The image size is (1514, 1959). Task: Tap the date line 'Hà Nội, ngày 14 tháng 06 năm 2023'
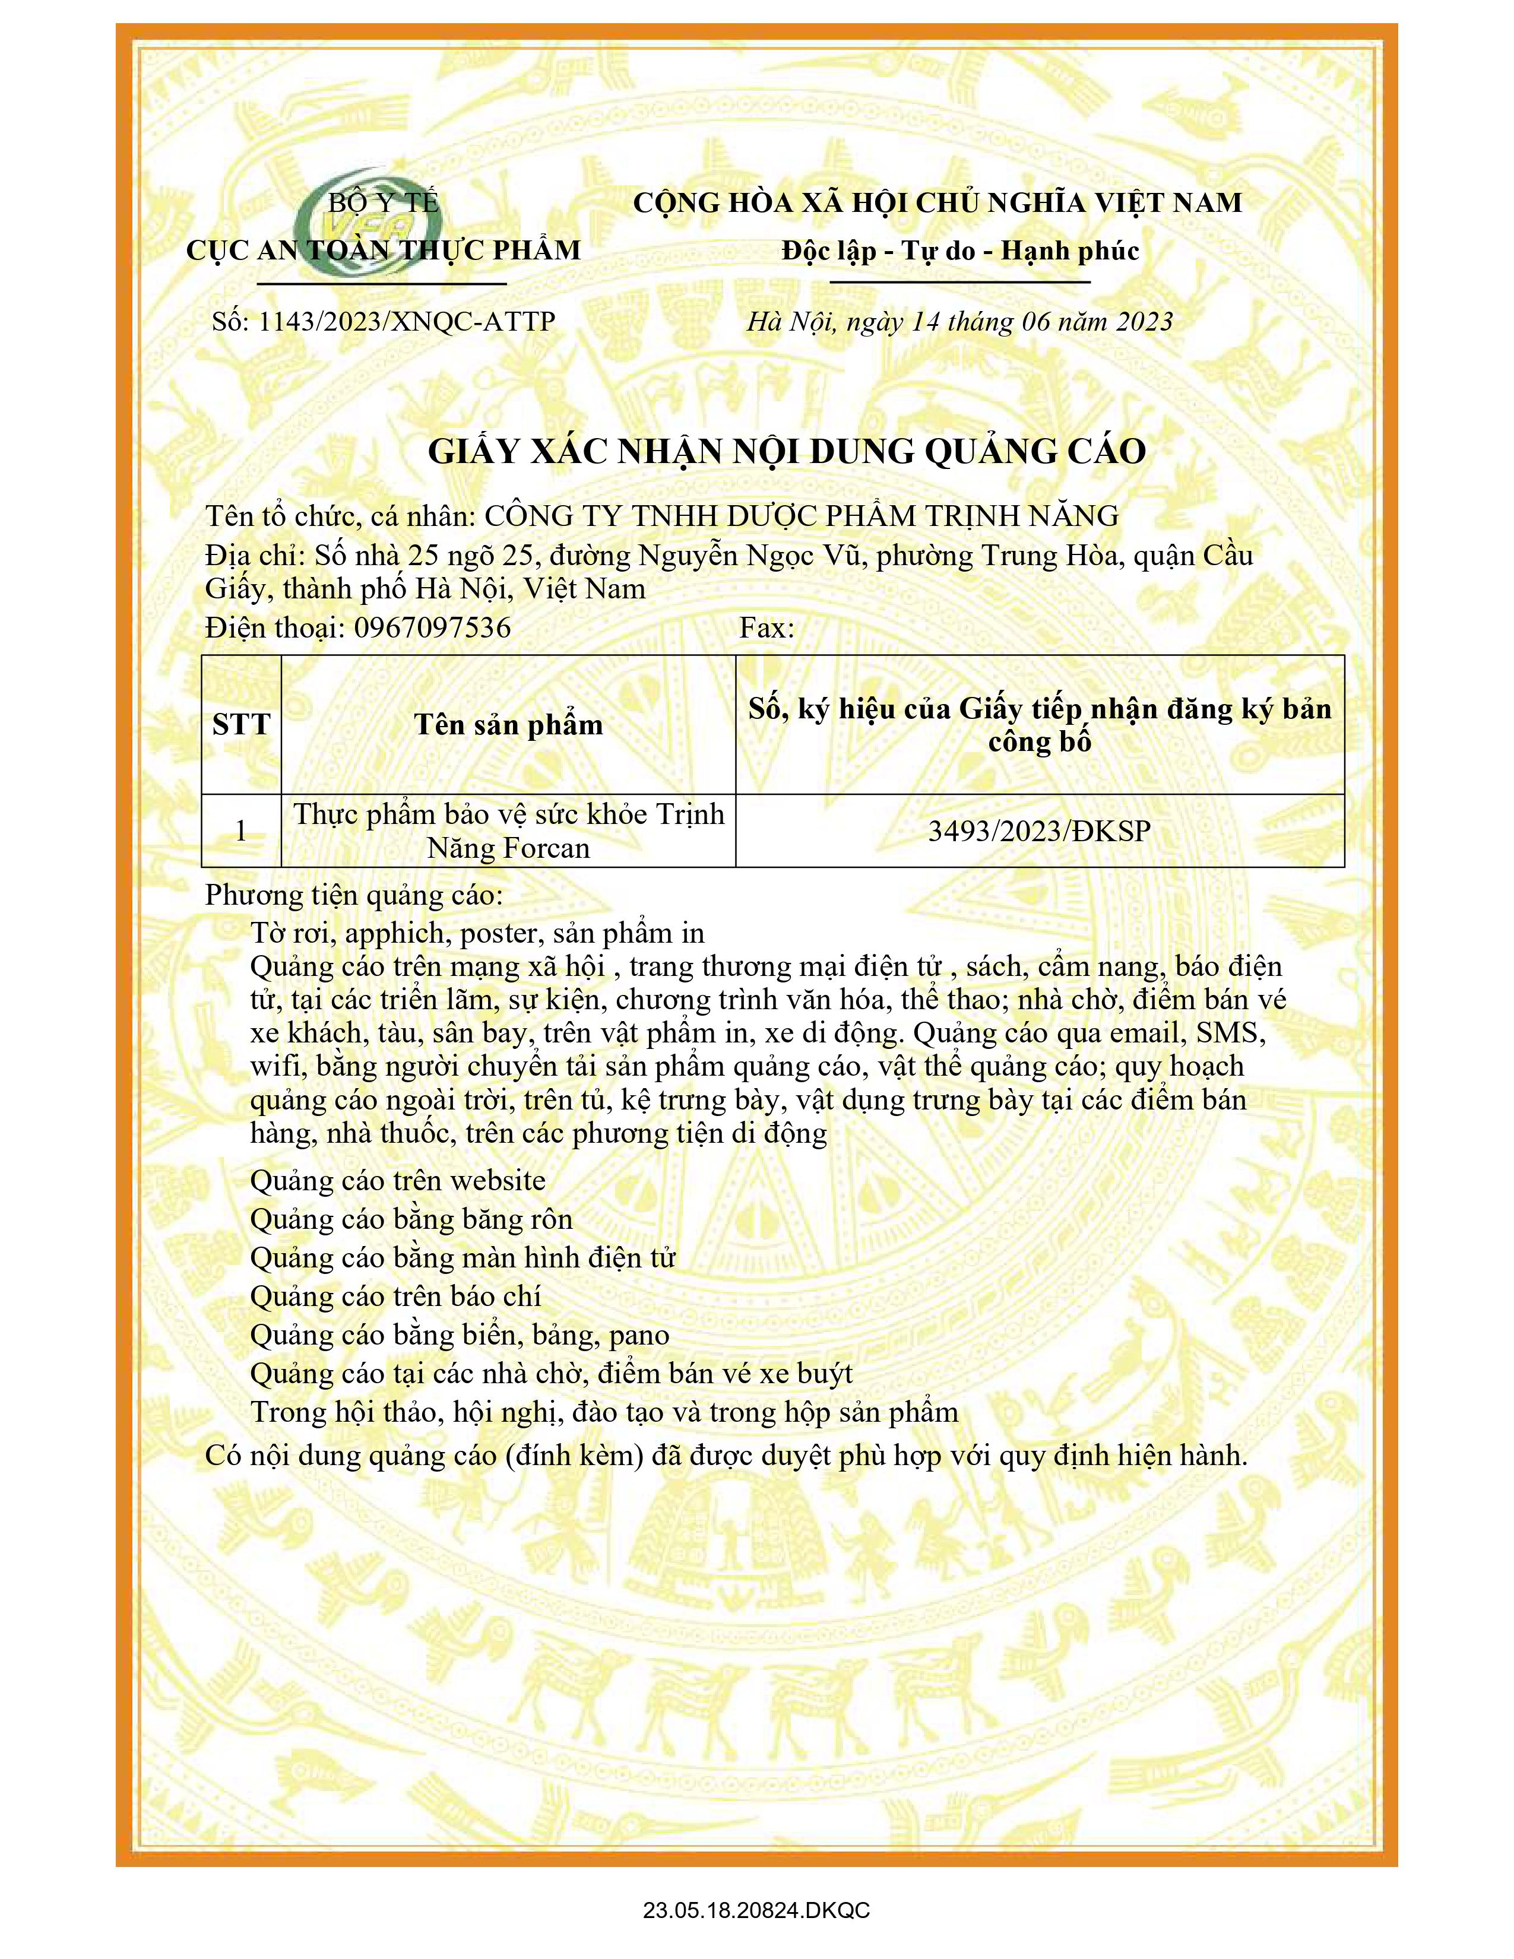click(959, 321)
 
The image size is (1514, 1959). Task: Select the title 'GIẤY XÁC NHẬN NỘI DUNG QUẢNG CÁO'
click(787, 451)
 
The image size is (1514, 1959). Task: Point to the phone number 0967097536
click(432, 627)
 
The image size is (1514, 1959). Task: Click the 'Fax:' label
click(767, 627)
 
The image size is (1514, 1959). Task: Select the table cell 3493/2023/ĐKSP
click(1038, 830)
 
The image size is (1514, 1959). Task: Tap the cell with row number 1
click(241, 830)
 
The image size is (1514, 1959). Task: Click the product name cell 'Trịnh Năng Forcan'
click(509, 830)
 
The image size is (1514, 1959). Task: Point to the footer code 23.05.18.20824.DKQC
click(756, 1910)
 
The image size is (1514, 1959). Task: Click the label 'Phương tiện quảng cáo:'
click(355, 895)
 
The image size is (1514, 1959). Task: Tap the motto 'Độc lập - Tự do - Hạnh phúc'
click(959, 251)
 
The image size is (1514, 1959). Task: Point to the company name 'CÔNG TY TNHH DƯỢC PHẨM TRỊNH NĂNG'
click(801, 516)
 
